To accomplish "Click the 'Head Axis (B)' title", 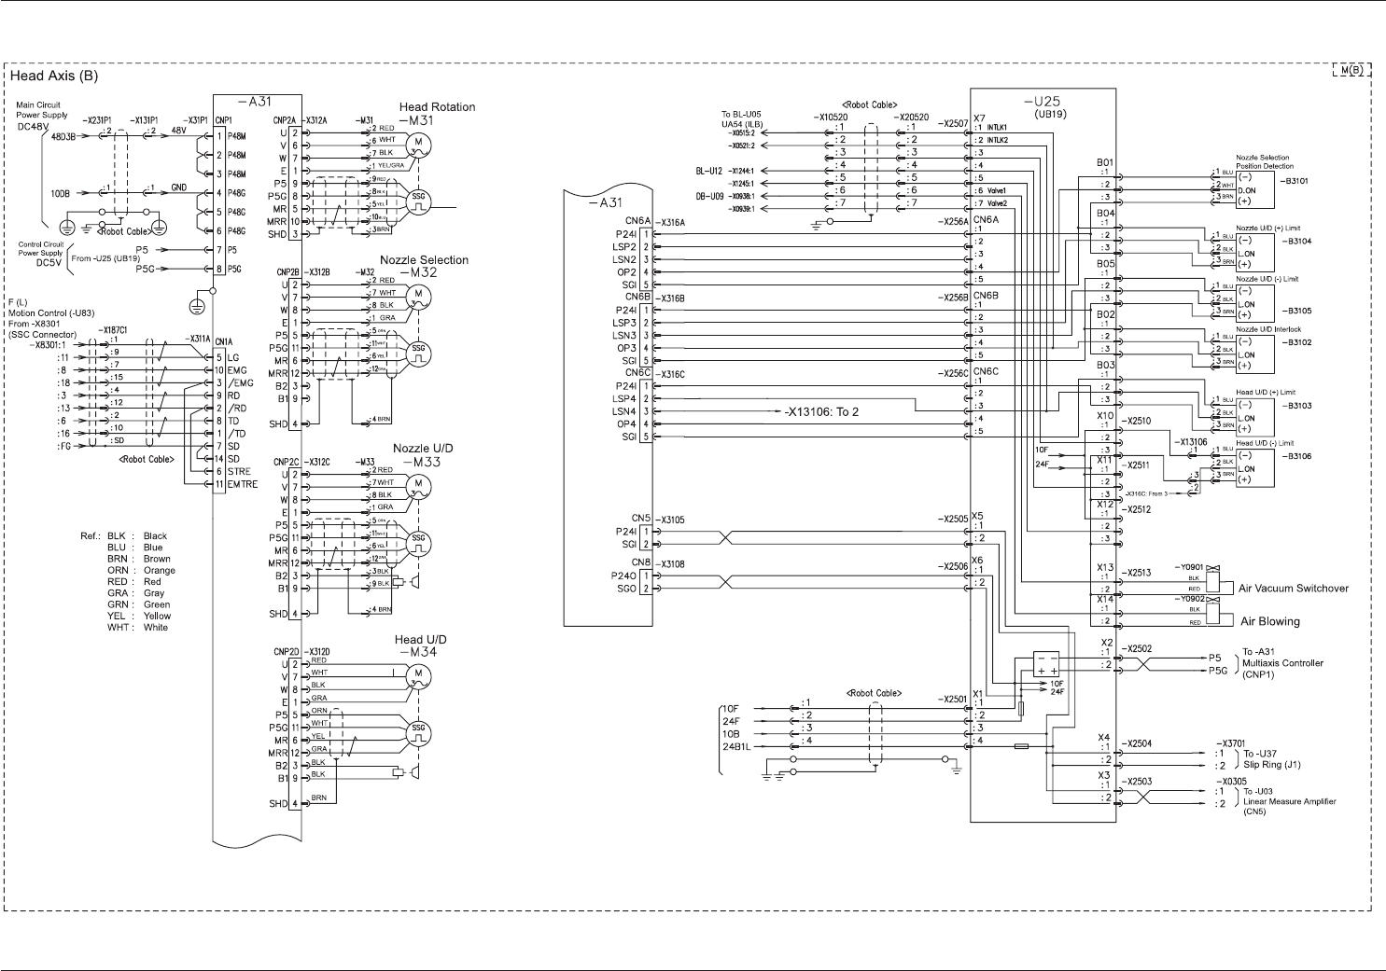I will tap(54, 76).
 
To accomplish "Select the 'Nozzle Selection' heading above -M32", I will tap(424, 260).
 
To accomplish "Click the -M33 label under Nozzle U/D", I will tap(421, 462).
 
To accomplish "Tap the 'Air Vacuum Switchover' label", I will tap(1293, 589).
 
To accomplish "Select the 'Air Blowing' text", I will tap(1269, 621).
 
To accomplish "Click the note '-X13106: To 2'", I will tap(821, 411).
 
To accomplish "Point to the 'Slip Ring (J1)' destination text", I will tap(1271, 765).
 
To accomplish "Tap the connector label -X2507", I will tap(953, 122).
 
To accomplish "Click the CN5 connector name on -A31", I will tap(640, 519).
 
